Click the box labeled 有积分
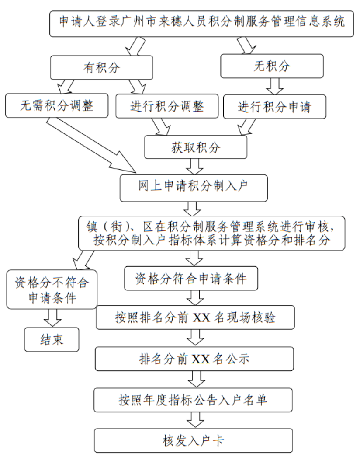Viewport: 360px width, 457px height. click(101, 67)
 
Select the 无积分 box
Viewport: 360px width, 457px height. click(271, 66)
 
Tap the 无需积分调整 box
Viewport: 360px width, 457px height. click(57, 106)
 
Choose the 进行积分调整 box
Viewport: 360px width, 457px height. click(167, 106)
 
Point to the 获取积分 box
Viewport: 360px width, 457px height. click(196, 147)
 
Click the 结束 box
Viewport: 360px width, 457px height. click(52, 339)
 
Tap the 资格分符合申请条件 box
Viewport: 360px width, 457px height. click(191, 278)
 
